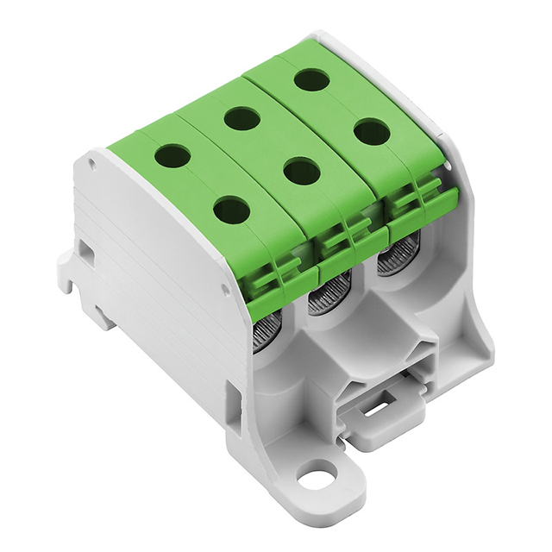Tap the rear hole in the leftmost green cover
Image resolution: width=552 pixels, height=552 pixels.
[x=172, y=156]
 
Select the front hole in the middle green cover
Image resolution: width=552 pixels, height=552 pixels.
[x=301, y=171]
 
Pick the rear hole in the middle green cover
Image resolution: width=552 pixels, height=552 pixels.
[x=242, y=118]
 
